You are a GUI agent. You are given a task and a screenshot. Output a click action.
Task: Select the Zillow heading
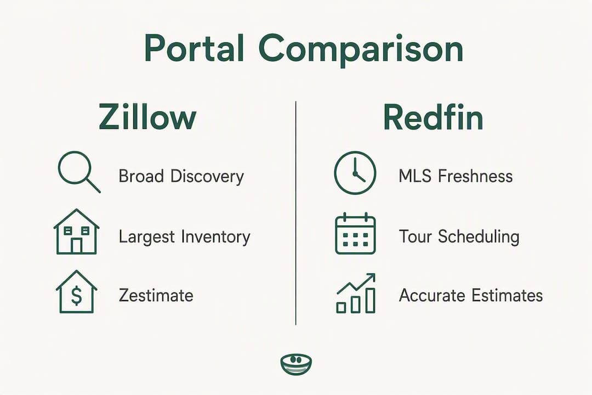(x=147, y=117)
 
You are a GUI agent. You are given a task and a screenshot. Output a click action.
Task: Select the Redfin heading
(x=433, y=117)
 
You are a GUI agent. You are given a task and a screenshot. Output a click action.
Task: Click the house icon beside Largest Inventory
(x=76, y=232)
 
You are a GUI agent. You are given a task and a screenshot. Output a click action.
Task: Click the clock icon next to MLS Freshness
(x=355, y=173)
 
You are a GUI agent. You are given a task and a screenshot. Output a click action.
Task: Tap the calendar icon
(x=355, y=233)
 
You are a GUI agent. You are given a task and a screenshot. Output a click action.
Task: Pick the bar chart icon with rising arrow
(x=356, y=294)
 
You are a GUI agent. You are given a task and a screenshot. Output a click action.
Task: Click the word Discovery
(x=207, y=177)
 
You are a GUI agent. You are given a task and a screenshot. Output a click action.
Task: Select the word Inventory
(x=215, y=237)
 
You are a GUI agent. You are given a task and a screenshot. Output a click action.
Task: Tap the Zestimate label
(x=156, y=295)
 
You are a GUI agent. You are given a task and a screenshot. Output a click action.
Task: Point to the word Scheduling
(x=479, y=237)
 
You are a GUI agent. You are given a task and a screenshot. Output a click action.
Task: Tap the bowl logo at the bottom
(x=297, y=364)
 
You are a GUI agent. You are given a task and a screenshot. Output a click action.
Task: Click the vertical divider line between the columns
(x=295, y=213)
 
